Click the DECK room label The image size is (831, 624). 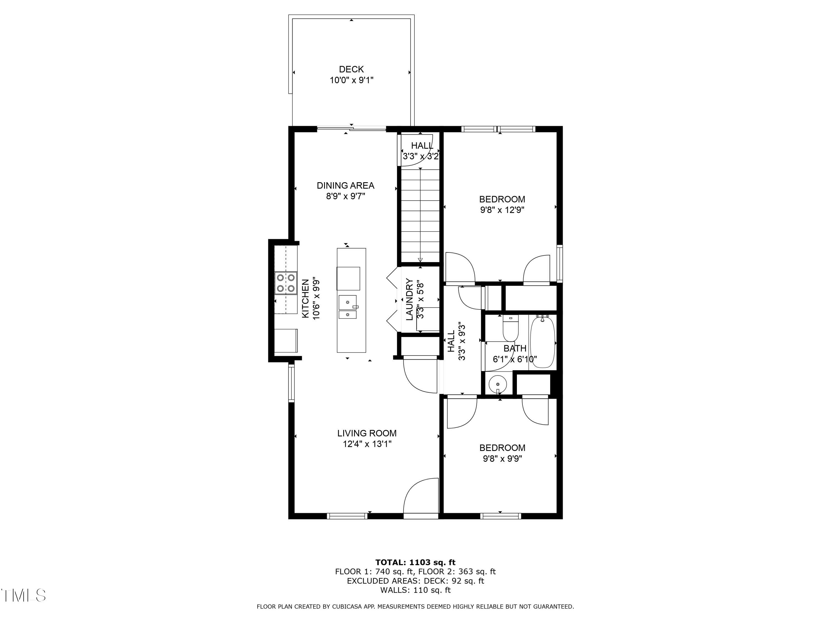click(x=351, y=69)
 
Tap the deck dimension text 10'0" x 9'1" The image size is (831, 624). click(x=351, y=80)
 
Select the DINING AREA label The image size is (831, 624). click(x=345, y=186)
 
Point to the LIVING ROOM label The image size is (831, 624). click(x=367, y=433)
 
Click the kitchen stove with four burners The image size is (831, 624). click(x=286, y=283)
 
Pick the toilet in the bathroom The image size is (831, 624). click(x=511, y=328)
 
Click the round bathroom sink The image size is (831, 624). click(x=498, y=384)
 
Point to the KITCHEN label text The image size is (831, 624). click(x=306, y=299)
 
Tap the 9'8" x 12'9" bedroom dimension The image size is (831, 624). click(x=502, y=210)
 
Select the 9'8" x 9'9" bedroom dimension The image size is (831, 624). click(x=502, y=458)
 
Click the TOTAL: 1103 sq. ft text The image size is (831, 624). click(x=416, y=562)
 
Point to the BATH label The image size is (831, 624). click(x=515, y=348)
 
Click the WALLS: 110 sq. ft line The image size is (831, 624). click(x=415, y=590)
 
